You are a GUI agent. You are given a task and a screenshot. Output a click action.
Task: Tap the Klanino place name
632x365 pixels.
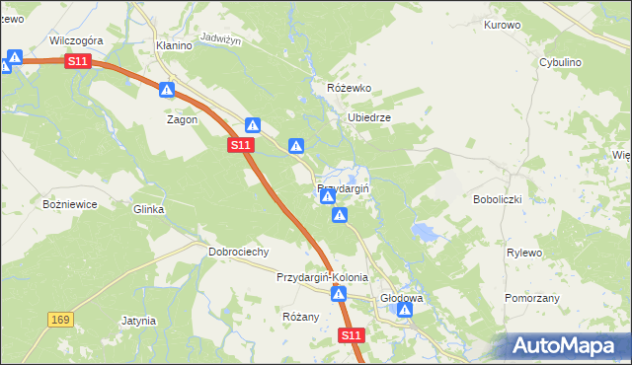[173, 45]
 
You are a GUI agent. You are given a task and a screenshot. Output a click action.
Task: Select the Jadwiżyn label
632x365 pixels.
[220, 37]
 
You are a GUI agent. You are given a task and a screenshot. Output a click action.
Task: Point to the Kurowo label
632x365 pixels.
[502, 25]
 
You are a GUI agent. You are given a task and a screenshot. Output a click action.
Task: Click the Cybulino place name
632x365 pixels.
[560, 61]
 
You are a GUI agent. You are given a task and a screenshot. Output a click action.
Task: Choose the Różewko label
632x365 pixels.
[349, 88]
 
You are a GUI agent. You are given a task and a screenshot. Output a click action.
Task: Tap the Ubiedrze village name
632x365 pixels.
[369, 117]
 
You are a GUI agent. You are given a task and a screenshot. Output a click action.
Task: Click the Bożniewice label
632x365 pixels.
[68, 204]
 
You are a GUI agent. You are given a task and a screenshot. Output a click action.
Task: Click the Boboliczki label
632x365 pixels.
[524, 198]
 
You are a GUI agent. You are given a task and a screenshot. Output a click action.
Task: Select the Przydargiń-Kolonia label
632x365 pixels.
[322, 277]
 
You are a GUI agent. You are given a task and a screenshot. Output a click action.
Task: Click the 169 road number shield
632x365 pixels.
[60, 320]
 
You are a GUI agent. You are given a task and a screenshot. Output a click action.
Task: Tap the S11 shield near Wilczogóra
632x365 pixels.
[78, 61]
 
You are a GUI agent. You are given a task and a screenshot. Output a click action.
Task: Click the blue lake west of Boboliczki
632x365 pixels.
[425, 233]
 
